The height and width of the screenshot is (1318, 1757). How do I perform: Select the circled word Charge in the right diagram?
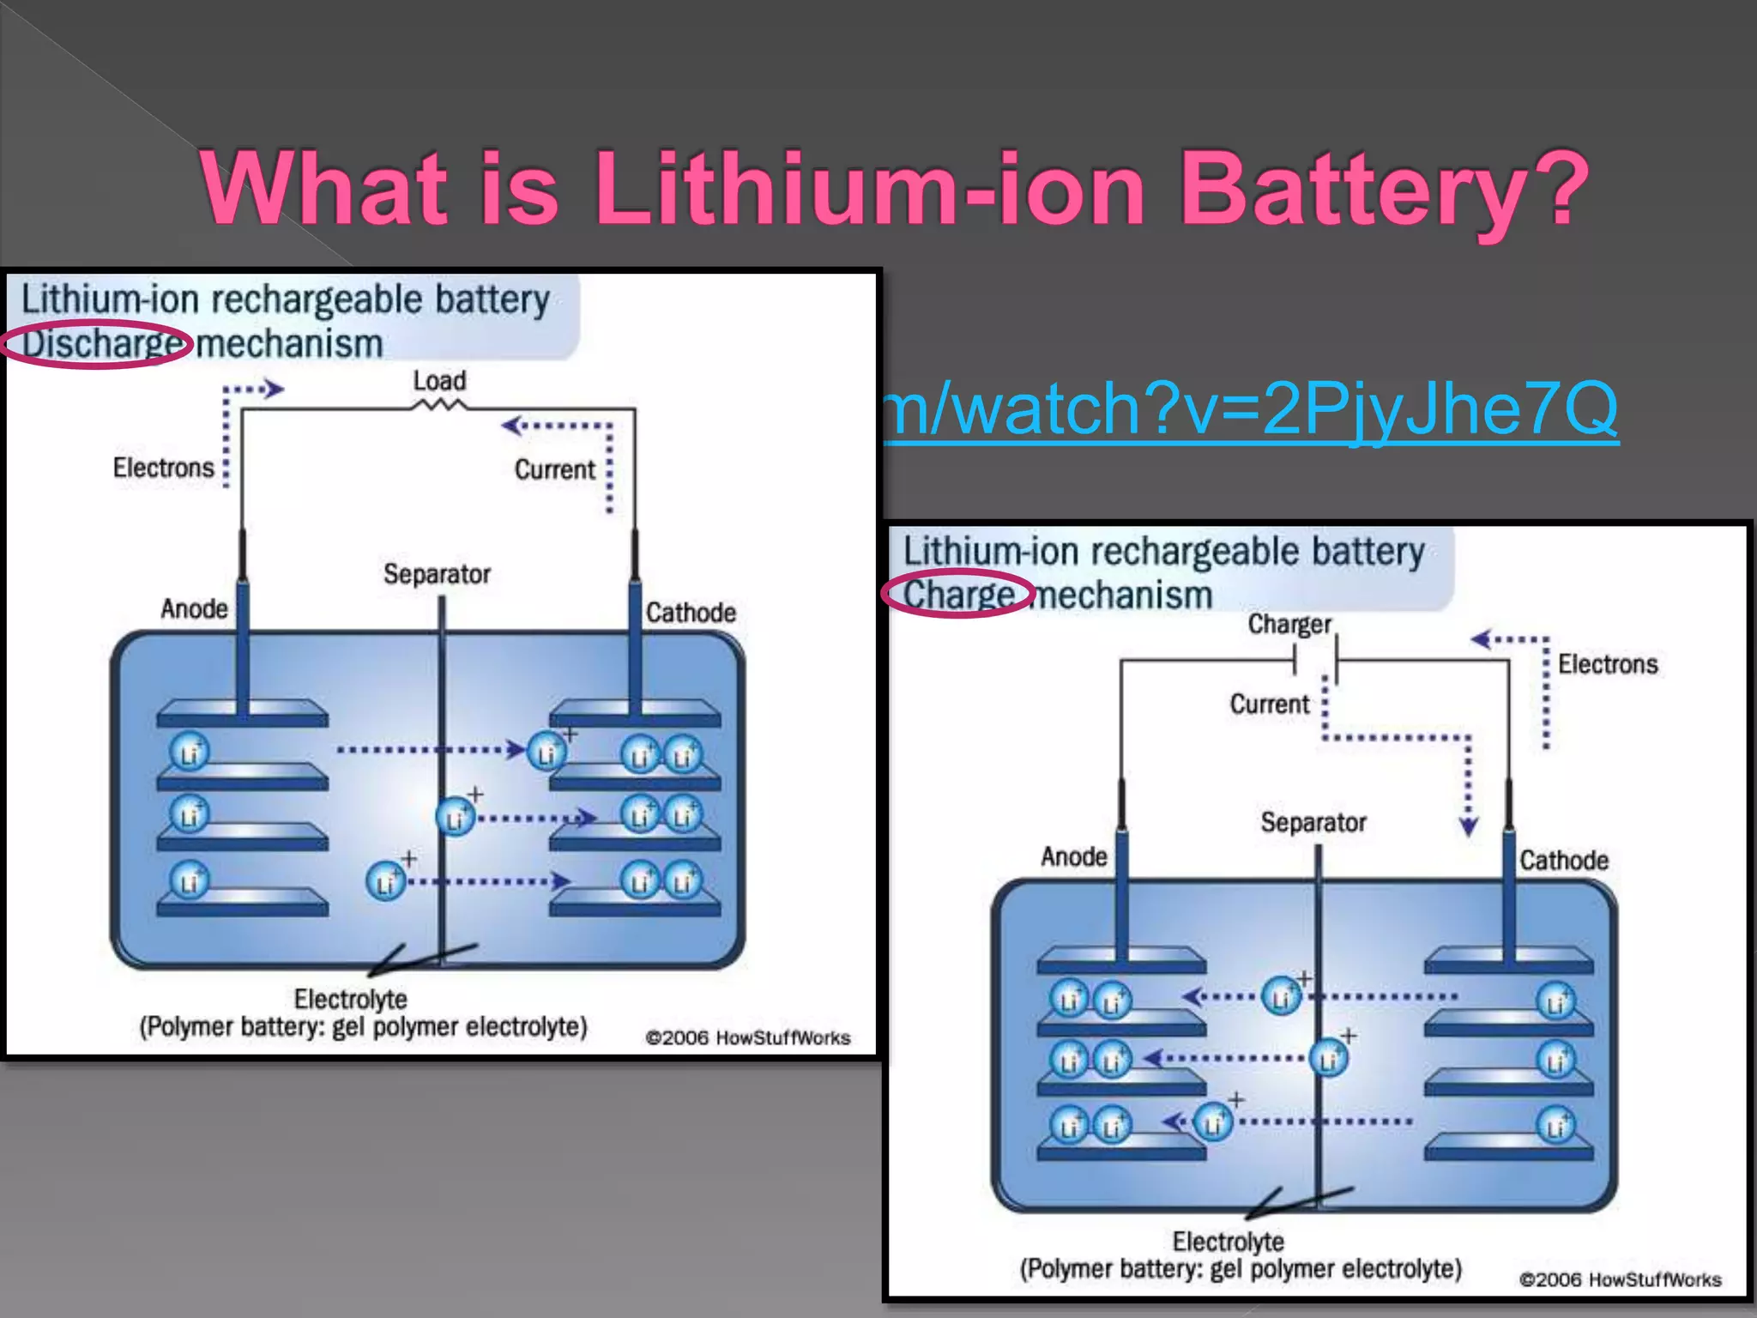pyautogui.click(x=958, y=595)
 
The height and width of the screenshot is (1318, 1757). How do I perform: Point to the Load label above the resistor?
pyautogui.click(x=439, y=380)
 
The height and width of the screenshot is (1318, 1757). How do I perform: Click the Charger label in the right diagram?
pyautogui.click(x=1289, y=624)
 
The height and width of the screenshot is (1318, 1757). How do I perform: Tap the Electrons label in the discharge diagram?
pyautogui.click(x=163, y=468)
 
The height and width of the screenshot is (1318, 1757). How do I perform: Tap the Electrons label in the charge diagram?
pyautogui.click(x=1608, y=664)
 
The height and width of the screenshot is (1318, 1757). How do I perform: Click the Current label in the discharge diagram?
pyautogui.click(x=554, y=469)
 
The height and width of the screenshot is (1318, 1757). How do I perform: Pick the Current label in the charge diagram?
pyautogui.click(x=1270, y=704)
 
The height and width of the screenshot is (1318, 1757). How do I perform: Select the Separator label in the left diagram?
pyautogui.click(x=437, y=573)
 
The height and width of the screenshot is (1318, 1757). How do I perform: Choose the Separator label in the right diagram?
pyautogui.click(x=1313, y=822)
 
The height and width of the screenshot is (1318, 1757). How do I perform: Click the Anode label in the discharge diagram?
pyautogui.click(x=194, y=608)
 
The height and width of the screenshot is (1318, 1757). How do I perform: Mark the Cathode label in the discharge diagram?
pyautogui.click(x=691, y=613)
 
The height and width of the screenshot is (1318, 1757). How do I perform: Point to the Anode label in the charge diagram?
pyautogui.click(x=1074, y=856)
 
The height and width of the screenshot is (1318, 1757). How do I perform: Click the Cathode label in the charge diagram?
pyautogui.click(x=1564, y=860)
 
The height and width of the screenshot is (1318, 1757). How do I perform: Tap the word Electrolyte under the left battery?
pyautogui.click(x=350, y=999)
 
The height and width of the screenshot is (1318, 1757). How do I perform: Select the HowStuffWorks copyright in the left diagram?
pyautogui.click(x=747, y=1038)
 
